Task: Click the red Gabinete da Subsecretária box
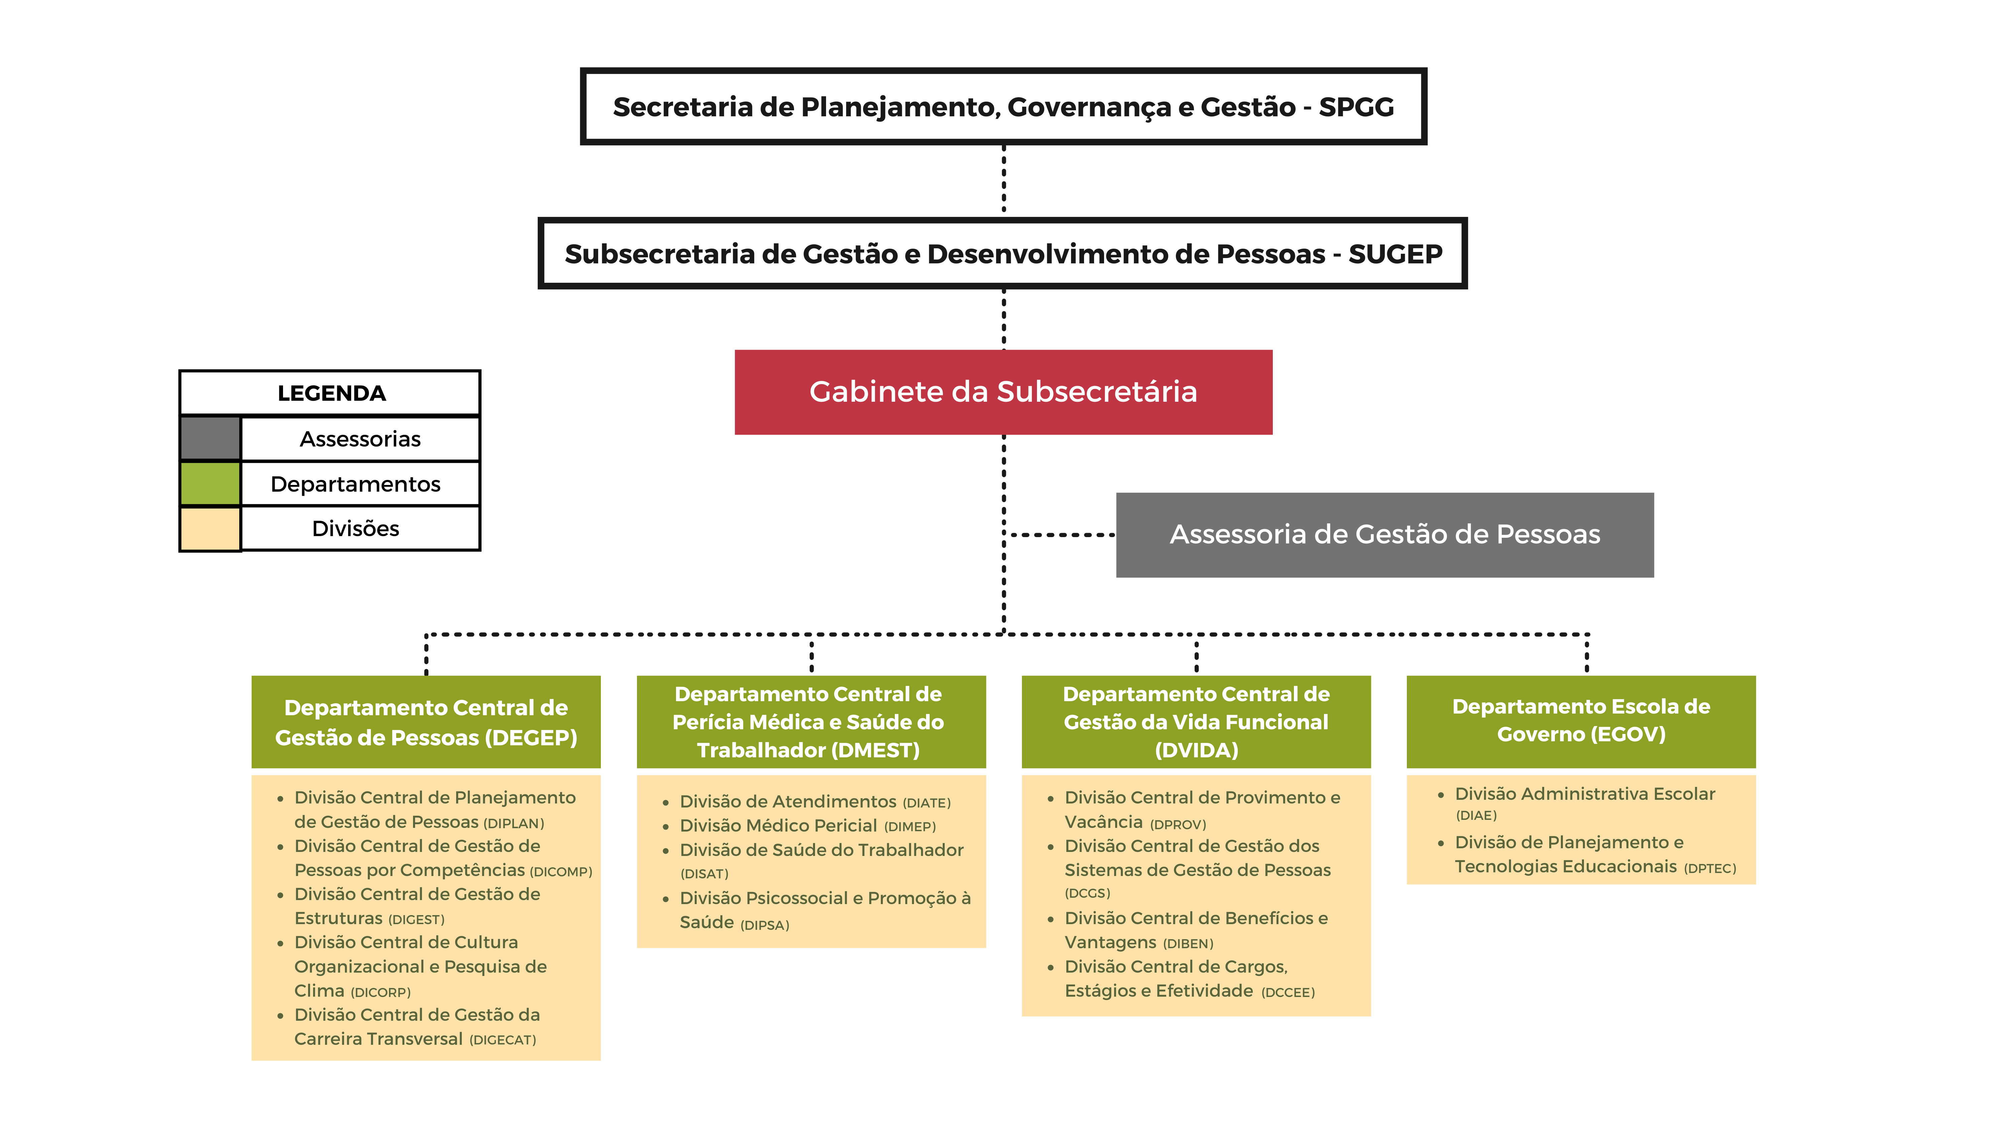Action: click(x=1003, y=392)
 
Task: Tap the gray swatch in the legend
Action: click(x=210, y=438)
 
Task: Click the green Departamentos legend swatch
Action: click(x=210, y=483)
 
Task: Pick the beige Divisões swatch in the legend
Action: click(x=210, y=529)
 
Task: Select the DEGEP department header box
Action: click(x=426, y=722)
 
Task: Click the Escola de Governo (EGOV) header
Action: click(x=1581, y=721)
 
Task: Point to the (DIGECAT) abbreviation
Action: click(x=503, y=1040)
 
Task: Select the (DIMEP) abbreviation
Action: click(x=910, y=827)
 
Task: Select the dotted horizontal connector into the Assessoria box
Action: click(x=1060, y=535)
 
